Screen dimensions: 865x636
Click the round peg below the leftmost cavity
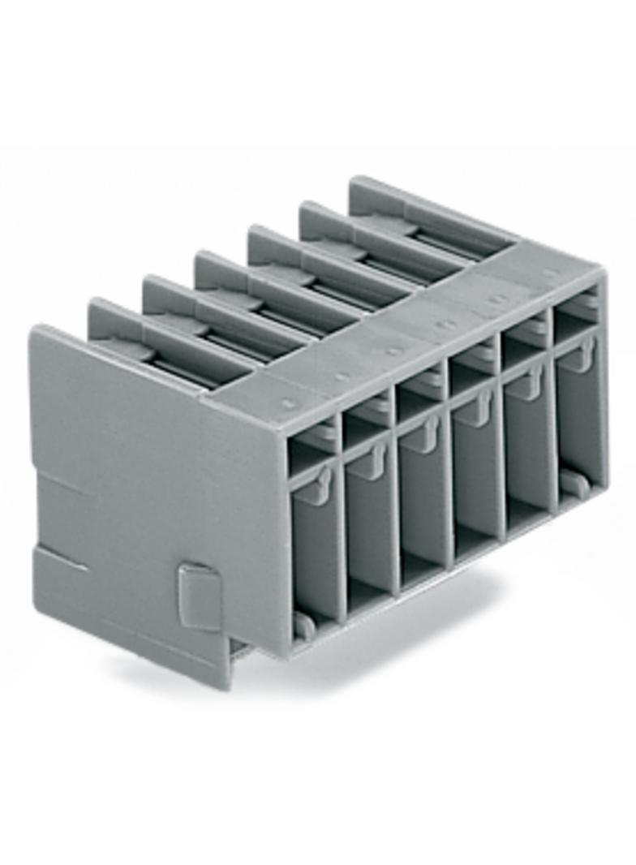click(x=304, y=625)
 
